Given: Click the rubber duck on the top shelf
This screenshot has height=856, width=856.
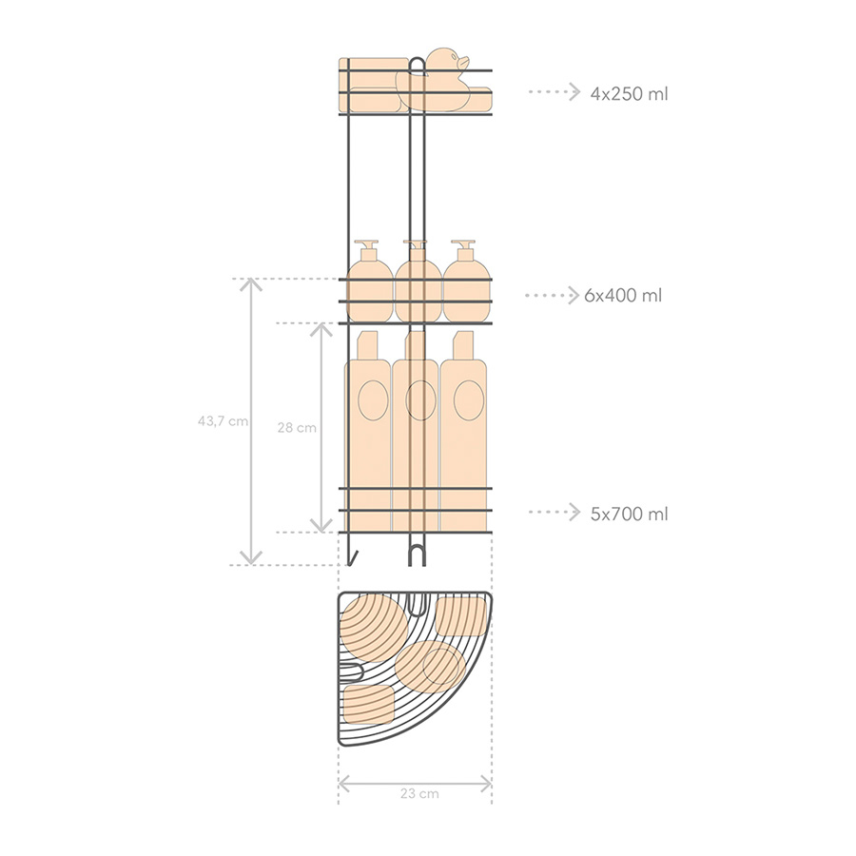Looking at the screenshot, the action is coord(437,82).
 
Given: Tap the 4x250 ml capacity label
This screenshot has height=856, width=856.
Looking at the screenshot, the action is coord(629,94).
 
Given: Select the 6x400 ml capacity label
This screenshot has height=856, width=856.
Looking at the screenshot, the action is coord(623,296).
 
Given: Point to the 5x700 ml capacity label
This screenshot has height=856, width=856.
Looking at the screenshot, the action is coord(629,514).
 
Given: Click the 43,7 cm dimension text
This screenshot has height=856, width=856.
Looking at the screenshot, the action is coord(223,421).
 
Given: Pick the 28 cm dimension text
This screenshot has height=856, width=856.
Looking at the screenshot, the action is coord(297,428).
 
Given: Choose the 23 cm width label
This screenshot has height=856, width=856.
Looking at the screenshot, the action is coord(419,794).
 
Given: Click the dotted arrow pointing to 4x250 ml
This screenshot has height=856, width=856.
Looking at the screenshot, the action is coord(554,91).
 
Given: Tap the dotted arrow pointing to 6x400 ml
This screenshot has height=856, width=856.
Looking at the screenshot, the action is coord(552,296).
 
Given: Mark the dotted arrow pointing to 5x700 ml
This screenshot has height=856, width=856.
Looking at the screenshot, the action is coord(554,512).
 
